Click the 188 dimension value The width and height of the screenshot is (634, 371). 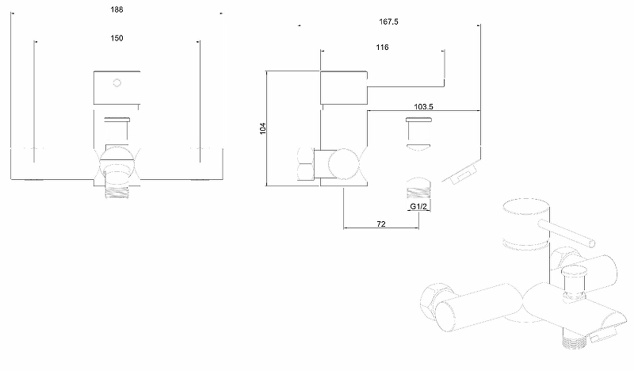pyautogui.click(x=116, y=10)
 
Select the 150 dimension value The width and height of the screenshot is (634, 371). pyautogui.click(x=116, y=38)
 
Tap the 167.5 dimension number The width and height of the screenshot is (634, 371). pyautogui.click(x=388, y=22)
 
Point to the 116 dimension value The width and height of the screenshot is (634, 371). pyautogui.click(x=382, y=48)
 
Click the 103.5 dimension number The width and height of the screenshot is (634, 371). pyautogui.click(x=423, y=106)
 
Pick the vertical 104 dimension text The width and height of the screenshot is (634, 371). pyautogui.click(x=263, y=128)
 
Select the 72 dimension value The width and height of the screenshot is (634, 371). pyautogui.click(x=381, y=224)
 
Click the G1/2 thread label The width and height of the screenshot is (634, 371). pyautogui.click(x=418, y=206)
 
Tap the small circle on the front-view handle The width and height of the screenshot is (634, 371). pyautogui.click(x=116, y=83)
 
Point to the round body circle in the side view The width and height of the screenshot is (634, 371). pyautogui.click(x=343, y=164)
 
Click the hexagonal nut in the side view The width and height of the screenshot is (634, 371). pyautogui.click(x=306, y=163)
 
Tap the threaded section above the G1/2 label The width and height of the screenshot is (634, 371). pyautogui.click(x=418, y=189)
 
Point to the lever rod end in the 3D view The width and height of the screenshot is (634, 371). pyautogui.click(x=591, y=243)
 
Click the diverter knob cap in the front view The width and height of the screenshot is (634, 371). pyautogui.click(x=116, y=120)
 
